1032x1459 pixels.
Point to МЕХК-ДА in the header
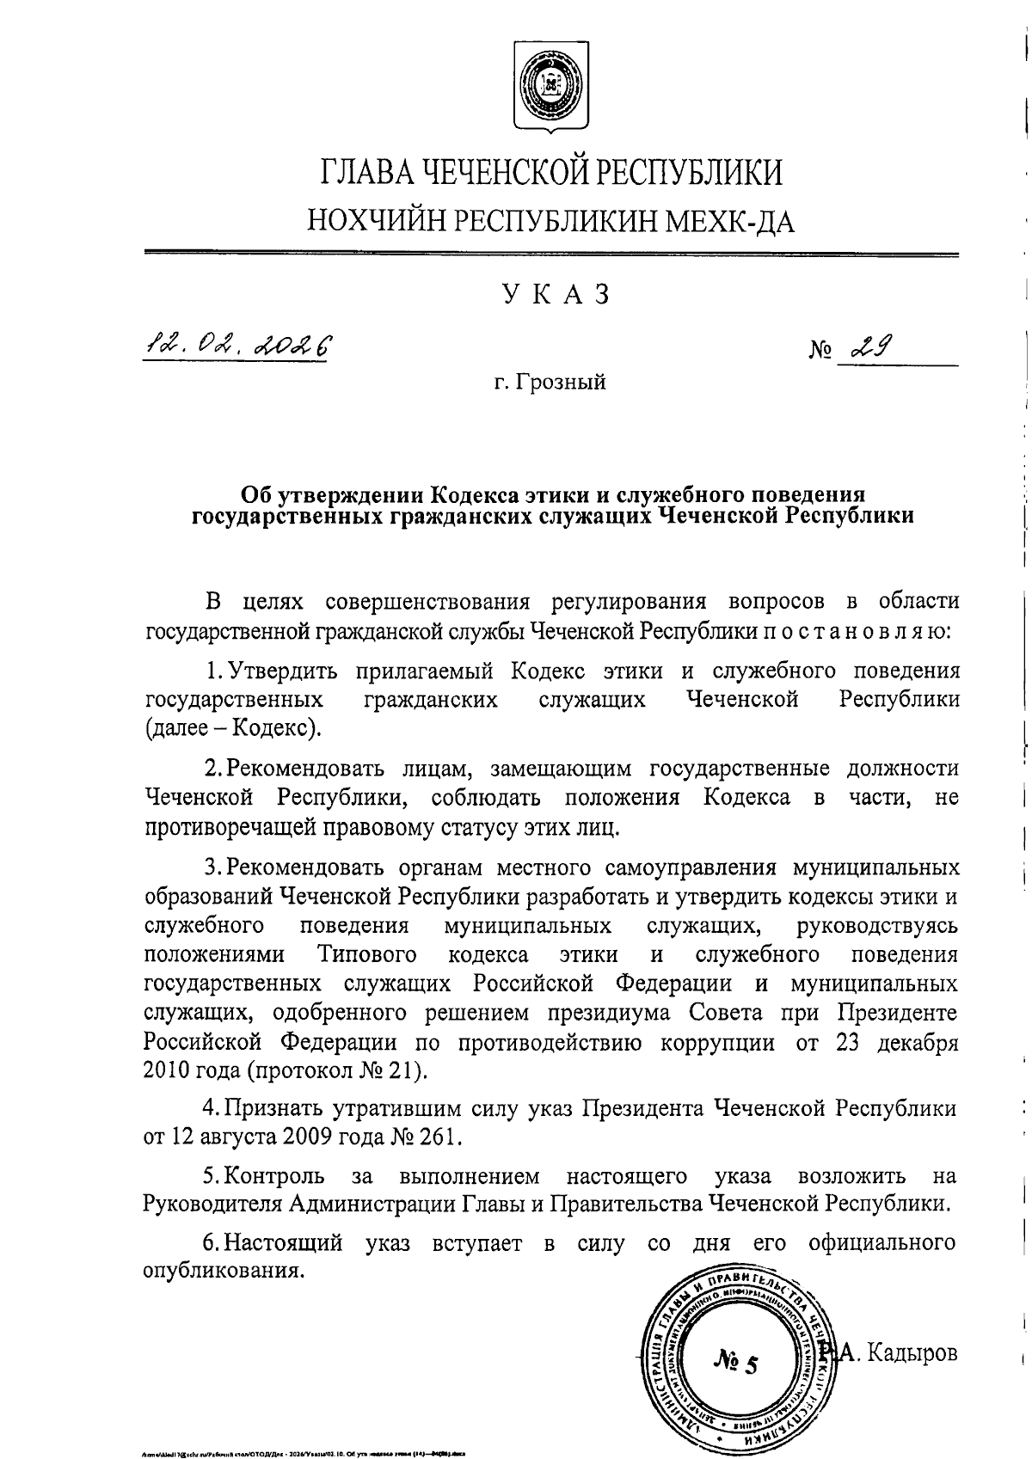coord(732,222)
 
